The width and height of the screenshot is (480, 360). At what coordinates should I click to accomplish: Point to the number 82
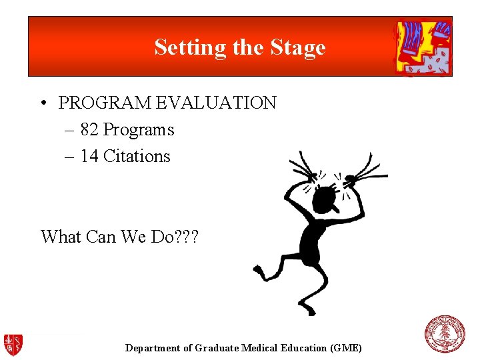click(x=89, y=129)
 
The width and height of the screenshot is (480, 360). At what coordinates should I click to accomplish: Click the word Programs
click(x=139, y=129)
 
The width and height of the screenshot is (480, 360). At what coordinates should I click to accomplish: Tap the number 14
click(x=89, y=156)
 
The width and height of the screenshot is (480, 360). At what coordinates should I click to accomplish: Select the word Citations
click(x=137, y=156)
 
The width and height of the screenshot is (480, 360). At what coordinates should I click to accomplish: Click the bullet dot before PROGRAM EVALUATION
click(x=43, y=103)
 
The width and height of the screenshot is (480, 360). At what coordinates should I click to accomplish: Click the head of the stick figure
click(x=325, y=199)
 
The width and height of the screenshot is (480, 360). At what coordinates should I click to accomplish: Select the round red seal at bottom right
click(x=445, y=334)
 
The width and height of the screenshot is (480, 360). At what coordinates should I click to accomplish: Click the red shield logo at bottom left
click(x=13, y=344)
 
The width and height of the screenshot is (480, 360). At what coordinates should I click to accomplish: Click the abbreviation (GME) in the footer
click(x=346, y=348)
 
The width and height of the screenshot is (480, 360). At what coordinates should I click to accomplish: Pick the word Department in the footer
click(x=152, y=348)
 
